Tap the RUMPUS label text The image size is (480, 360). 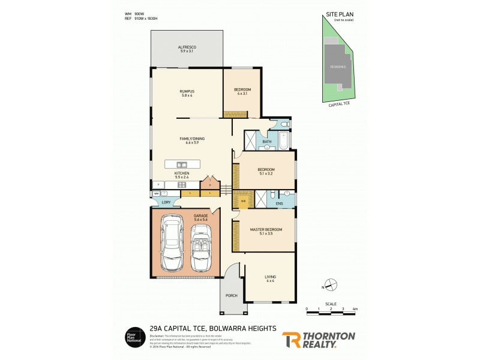(187, 91)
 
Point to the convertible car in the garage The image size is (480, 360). (201, 247)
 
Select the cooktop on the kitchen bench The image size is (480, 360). (182, 185)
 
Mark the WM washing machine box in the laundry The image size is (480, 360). (156, 194)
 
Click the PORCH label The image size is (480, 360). (232, 296)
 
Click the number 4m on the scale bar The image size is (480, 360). (355, 308)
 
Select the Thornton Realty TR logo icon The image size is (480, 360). (292, 340)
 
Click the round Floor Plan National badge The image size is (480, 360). (133, 337)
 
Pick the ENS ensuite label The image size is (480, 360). (279, 204)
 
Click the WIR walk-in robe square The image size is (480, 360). (243, 200)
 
